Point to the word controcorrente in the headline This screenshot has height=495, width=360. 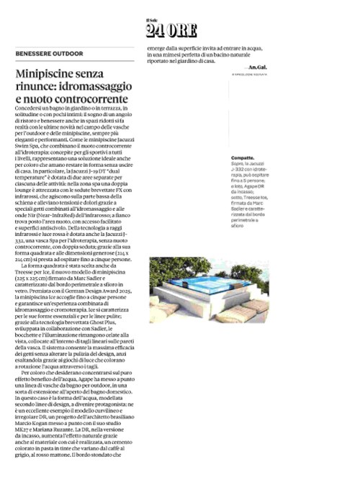click(x=93, y=99)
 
